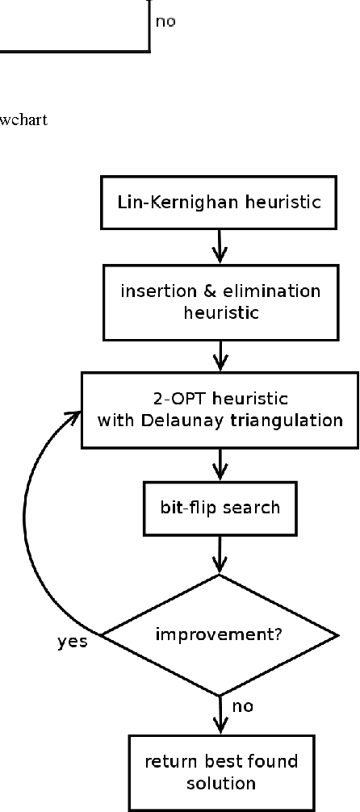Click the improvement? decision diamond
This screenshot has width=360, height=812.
(x=219, y=634)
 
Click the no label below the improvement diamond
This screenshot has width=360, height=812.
(x=243, y=706)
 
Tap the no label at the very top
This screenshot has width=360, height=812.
(x=165, y=22)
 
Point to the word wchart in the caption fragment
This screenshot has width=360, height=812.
(x=23, y=121)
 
